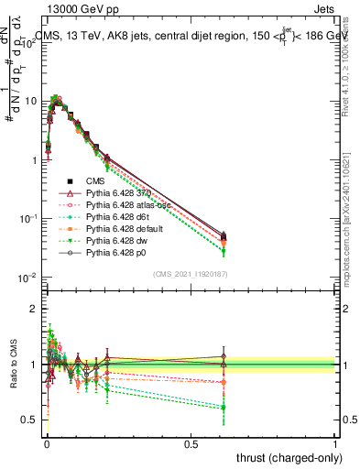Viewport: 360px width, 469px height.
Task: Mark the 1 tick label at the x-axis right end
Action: coord(335,442)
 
